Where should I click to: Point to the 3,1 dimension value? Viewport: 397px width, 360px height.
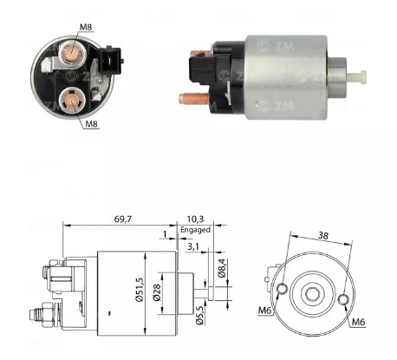(x=194, y=248)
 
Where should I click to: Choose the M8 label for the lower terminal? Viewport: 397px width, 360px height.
(x=91, y=125)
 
